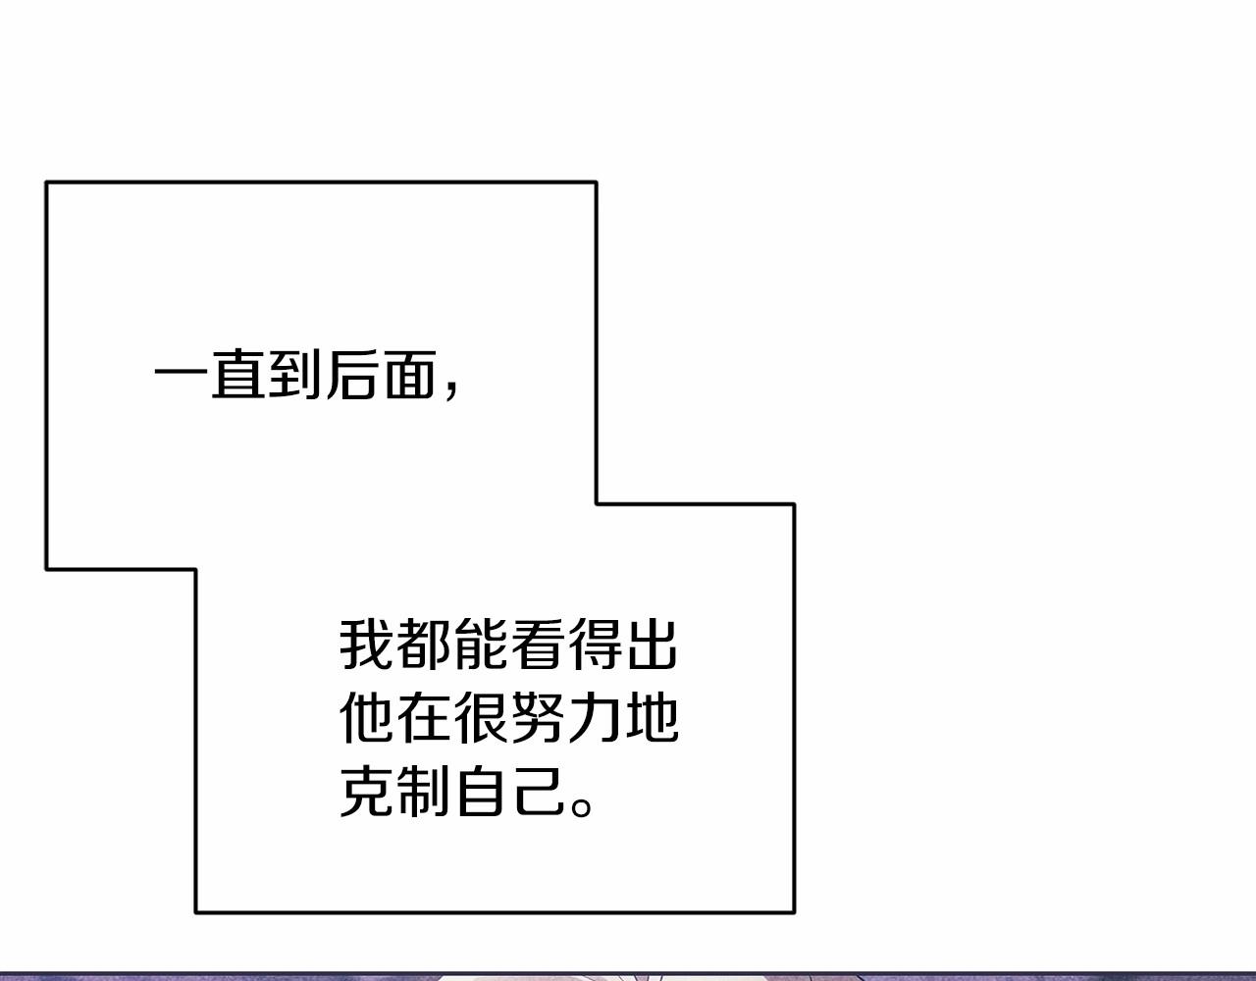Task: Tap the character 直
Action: (237, 375)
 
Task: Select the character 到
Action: (294, 375)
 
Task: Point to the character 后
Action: (352, 375)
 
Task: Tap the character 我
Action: (365, 645)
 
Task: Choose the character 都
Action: (423, 645)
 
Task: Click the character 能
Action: (480, 645)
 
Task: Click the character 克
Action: (365, 791)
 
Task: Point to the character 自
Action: (480, 791)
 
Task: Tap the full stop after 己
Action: (581, 807)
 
